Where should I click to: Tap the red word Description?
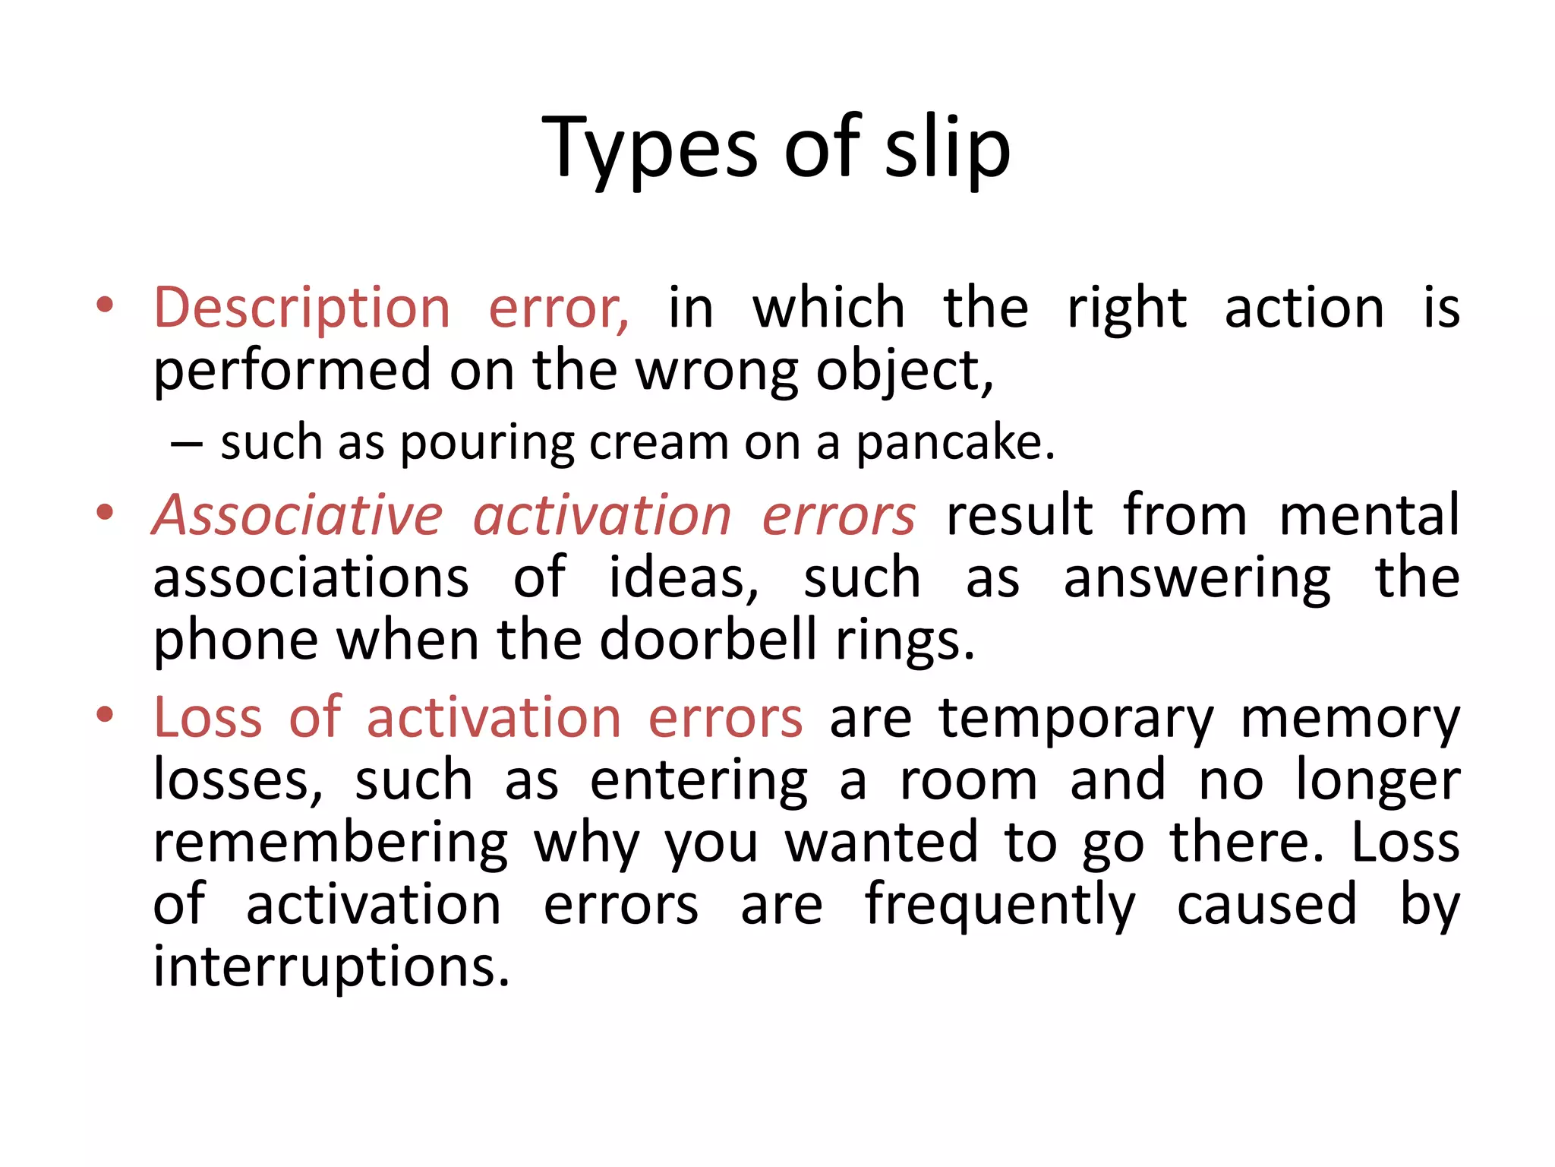point(302,308)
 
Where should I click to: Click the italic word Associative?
point(298,516)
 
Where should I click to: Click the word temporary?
point(1076,719)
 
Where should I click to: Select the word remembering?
point(330,843)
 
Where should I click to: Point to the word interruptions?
point(331,967)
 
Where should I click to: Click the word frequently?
point(1000,906)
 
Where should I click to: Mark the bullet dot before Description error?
point(105,306)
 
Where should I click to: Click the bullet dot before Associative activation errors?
point(105,512)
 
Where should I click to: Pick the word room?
point(968,781)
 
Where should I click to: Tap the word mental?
point(1369,516)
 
